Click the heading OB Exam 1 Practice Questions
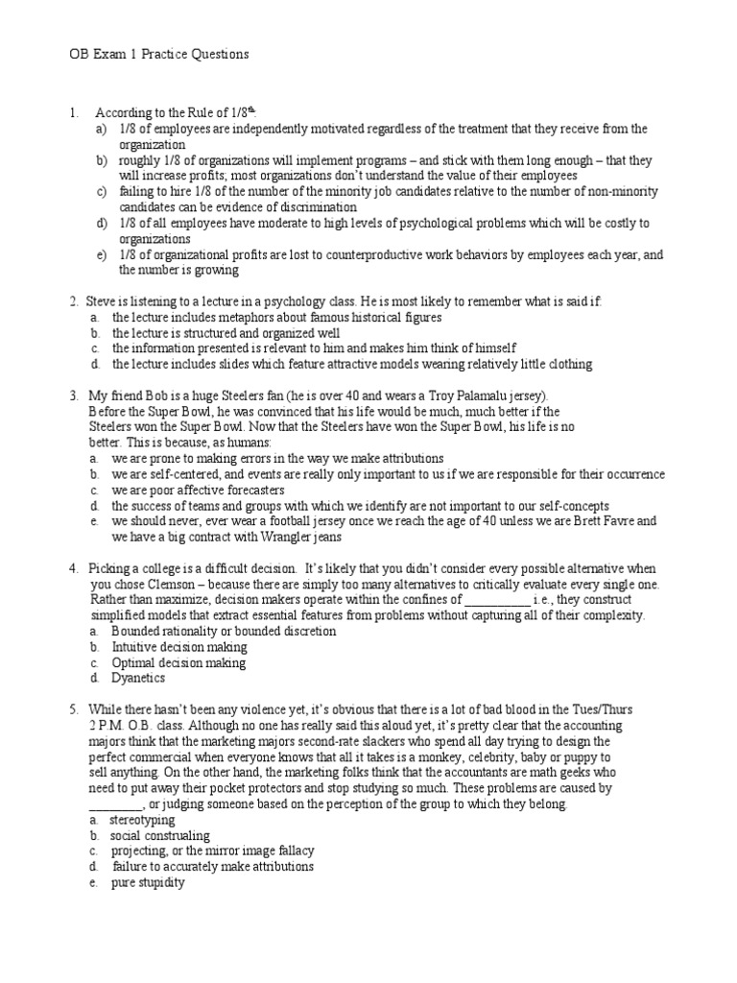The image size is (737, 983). (160, 55)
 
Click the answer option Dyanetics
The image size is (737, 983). (138, 678)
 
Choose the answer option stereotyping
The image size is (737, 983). (143, 820)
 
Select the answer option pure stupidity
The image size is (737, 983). (148, 882)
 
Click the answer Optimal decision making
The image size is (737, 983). (178, 662)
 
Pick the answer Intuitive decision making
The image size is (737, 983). (179, 647)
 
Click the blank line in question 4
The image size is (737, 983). (496, 600)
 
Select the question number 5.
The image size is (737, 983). (73, 709)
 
